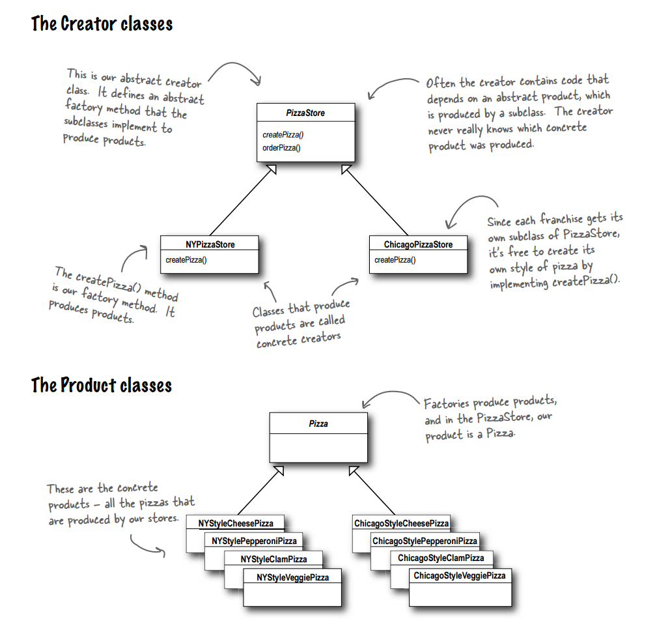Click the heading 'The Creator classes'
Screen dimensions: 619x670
click(x=102, y=25)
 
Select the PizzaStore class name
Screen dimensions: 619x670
click(x=305, y=113)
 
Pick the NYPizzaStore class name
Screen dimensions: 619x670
click(x=209, y=244)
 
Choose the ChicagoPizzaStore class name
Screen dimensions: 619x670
click(x=418, y=244)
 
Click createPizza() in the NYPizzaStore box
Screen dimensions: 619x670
click(x=187, y=260)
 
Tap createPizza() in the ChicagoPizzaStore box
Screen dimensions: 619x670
click(x=395, y=260)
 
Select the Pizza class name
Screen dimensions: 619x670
click(x=318, y=424)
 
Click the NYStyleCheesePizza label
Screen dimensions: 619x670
click(x=236, y=523)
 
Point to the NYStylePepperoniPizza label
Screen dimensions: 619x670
click(x=254, y=541)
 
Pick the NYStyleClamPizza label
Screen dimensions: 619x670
click(x=273, y=559)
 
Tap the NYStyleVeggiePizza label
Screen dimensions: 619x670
click(x=292, y=577)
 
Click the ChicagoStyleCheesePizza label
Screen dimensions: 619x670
click(x=401, y=523)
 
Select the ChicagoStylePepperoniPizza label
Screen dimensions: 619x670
click(x=425, y=541)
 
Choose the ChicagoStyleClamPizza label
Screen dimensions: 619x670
click(x=441, y=558)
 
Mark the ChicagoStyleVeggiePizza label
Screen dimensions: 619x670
click(x=459, y=576)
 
